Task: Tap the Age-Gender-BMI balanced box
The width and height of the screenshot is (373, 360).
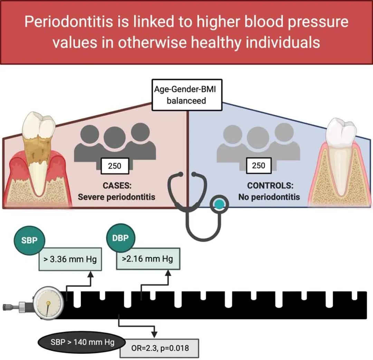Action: (187, 95)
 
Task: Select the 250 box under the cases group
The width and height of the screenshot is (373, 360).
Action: (115, 166)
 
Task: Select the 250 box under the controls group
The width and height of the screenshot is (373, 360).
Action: (258, 165)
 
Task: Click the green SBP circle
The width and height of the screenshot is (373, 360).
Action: (29, 240)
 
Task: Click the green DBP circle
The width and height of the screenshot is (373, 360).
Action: (121, 238)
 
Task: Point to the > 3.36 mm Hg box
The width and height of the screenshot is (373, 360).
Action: (70, 259)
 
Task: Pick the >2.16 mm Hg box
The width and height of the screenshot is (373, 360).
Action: (148, 259)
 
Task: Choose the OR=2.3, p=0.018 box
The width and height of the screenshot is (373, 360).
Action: (159, 348)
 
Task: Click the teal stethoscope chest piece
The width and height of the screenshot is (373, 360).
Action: (219, 204)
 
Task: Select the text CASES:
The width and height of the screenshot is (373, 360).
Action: (117, 185)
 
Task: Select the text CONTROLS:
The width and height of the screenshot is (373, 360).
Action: (270, 185)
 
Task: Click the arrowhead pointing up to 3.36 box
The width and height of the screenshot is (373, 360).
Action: (90, 274)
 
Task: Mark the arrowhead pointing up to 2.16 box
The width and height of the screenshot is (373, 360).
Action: (169, 273)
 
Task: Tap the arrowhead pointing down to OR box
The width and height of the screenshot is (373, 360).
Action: (155, 335)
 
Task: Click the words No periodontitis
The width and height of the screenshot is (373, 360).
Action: (269, 197)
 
